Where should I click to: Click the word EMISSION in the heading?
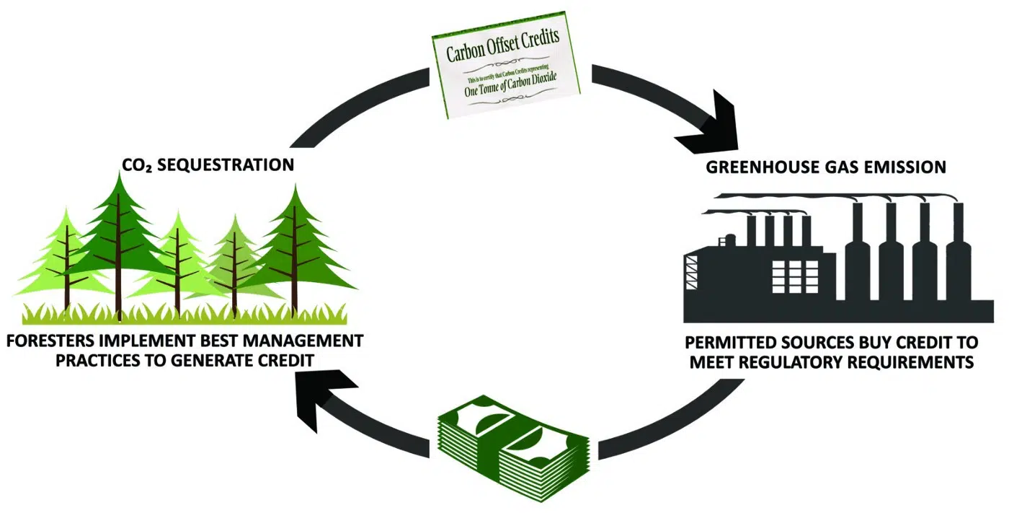910,167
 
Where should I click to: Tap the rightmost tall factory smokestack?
958,253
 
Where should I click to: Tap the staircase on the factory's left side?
692,278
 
